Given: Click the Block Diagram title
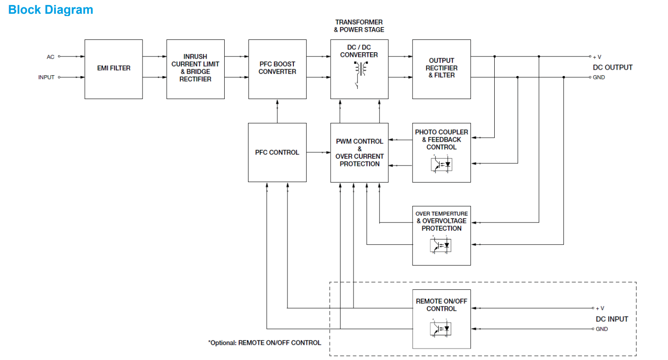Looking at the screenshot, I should pyautogui.click(x=50, y=10).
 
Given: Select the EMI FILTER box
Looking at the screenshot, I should pyautogui.click(x=113, y=68).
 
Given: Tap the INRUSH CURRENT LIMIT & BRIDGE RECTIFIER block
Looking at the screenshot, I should pyautogui.click(x=195, y=68).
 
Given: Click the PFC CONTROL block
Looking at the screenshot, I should pyautogui.click(x=277, y=152).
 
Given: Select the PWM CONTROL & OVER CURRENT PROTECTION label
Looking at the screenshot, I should pyautogui.click(x=359, y=152).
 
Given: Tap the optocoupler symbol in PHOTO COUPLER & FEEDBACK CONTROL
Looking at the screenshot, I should pyautogui.click(x=442, y=164).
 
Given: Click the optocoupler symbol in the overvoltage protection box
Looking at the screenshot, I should pyautogui.click(x=442, y=245).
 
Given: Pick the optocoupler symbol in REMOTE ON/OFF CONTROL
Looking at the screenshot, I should pyautogui.click(x=442, y=329).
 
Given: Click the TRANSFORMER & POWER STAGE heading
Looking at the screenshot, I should pyautogui.click(x=359, y=26).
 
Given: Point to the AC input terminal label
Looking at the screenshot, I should pyautogui.click(x=50, y=57).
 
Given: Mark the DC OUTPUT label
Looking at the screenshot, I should pyautogui.click(x=613, y=67).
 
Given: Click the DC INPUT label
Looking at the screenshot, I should pyautogui.click(x=612, y=319).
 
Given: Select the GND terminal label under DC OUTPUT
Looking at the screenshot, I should pyautogui.click(x=598, y=78).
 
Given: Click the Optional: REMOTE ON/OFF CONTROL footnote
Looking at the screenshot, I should pyautogui.click(x=265, y=343).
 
